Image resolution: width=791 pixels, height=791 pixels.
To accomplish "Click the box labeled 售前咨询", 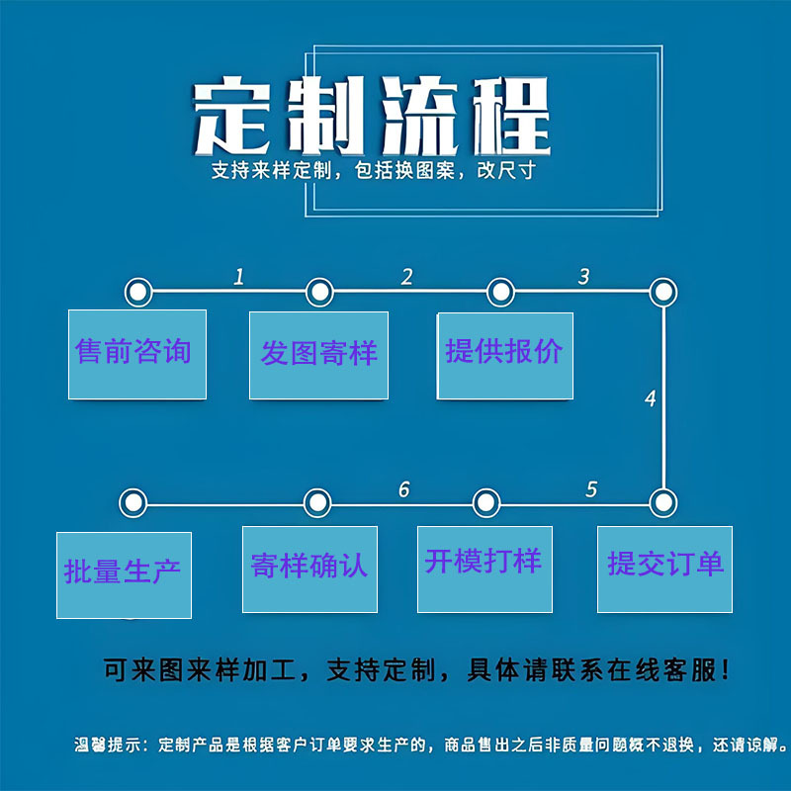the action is pos(136,353).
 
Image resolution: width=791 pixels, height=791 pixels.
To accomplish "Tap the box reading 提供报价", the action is pos(504,353).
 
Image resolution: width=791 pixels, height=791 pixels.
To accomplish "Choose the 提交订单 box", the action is pos(664,567).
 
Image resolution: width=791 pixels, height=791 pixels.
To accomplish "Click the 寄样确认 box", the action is pos(309,568).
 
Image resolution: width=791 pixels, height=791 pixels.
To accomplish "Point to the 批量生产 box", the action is pos(123,573).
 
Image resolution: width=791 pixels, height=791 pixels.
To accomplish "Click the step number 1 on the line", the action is pos(238,278).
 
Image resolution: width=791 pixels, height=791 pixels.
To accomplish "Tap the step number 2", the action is pos(406,278).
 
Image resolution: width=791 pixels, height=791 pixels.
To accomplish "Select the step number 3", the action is pos(583,278).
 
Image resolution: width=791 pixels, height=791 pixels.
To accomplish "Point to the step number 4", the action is pos(650,399).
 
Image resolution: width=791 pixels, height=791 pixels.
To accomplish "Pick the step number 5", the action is pos(591,489).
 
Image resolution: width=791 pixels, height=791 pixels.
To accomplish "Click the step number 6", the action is pos(403,489).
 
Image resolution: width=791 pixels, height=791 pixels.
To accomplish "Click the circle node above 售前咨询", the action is pos(137,293).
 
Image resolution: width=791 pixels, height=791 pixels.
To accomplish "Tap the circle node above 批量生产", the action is pos(132,503).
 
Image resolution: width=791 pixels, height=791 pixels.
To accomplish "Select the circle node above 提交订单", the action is pos(662,502).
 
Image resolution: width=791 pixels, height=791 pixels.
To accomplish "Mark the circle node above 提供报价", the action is pos(501,293).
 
